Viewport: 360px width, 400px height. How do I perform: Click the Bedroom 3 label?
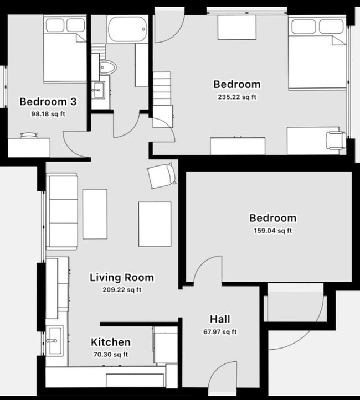coord(48,101)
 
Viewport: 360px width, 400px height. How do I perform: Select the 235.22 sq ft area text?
coord(237,96)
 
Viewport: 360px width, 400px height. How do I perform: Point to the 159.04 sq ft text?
coord(272,230)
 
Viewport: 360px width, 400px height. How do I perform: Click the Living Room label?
coord(122,277)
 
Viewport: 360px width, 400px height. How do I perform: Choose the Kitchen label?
coord(111,342)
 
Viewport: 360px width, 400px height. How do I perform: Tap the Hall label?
coord(220,319)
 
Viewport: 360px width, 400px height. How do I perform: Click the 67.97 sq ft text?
coord(220,332)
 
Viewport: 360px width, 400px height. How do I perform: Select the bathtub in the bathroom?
coord(127,28)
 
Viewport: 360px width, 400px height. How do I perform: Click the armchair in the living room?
coord(162,176)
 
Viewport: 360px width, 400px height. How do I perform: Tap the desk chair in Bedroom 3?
coord(29,134)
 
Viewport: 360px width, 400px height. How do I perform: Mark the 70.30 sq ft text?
coord(111,355)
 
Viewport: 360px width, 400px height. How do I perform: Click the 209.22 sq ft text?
coord(122,289)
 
